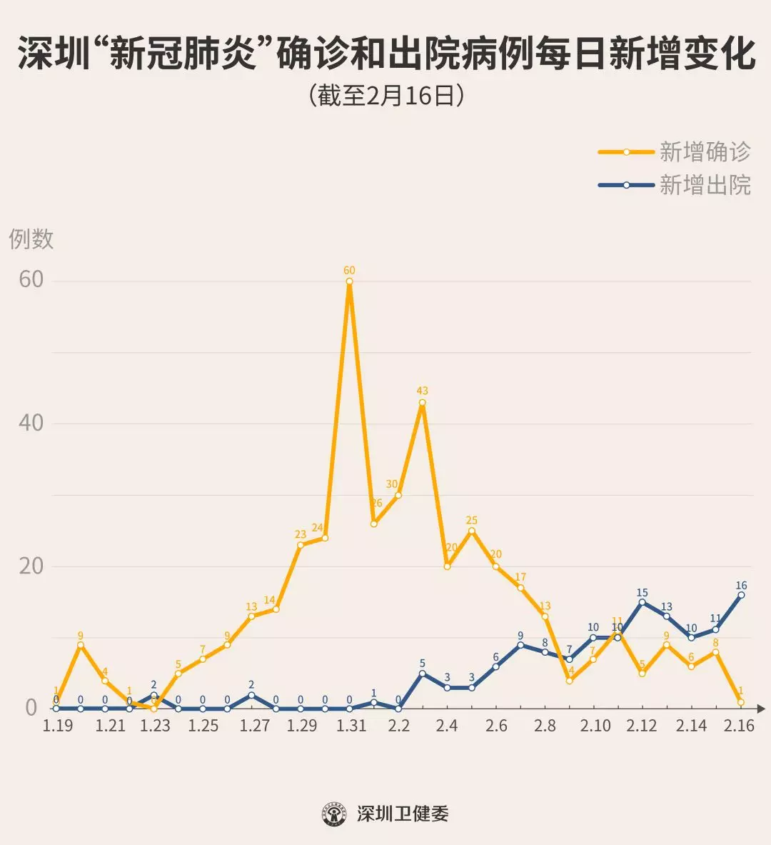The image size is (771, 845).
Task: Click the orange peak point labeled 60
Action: tap(349, 281)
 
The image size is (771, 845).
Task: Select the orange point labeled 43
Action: tap(423, 402)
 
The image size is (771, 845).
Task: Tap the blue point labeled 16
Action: tap(741, 594)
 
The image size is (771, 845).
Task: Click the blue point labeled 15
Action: tap(642, 602)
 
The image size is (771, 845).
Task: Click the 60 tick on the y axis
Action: tap(31, 279)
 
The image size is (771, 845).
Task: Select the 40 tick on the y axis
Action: tap(31, 423)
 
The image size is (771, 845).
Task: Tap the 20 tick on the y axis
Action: tap(31, 566)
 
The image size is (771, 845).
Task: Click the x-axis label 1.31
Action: tap(351, 726)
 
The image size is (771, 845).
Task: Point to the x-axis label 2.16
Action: tap(739, 726)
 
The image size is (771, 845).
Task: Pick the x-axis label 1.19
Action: tap(57, 726)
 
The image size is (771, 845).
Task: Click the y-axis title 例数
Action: tap(31, 239)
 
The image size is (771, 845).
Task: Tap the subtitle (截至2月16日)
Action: tap(386, 95)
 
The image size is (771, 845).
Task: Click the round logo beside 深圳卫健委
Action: tap(334, 814)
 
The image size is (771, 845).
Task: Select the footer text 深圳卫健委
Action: tap(403, 814)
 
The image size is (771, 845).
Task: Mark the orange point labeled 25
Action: tap(472, 531)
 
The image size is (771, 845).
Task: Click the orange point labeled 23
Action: tap(301, 545)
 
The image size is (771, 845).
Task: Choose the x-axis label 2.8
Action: tap(545, 726)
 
